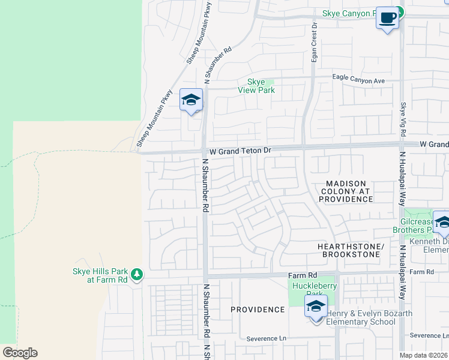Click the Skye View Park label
[x=261, y=86]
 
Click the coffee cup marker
[x=388, y=18]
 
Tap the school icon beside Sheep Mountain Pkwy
[x=191, y=100]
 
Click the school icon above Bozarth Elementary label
[x=316, y=307]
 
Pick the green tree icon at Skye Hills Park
[x=137, y=275]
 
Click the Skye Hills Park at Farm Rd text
[x=100, y=275]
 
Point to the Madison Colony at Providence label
[x=346, y=191]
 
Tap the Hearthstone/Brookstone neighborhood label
[x=351, y=251]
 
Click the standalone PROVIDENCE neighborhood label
[x=258, y=310]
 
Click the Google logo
[x=20, y=353]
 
